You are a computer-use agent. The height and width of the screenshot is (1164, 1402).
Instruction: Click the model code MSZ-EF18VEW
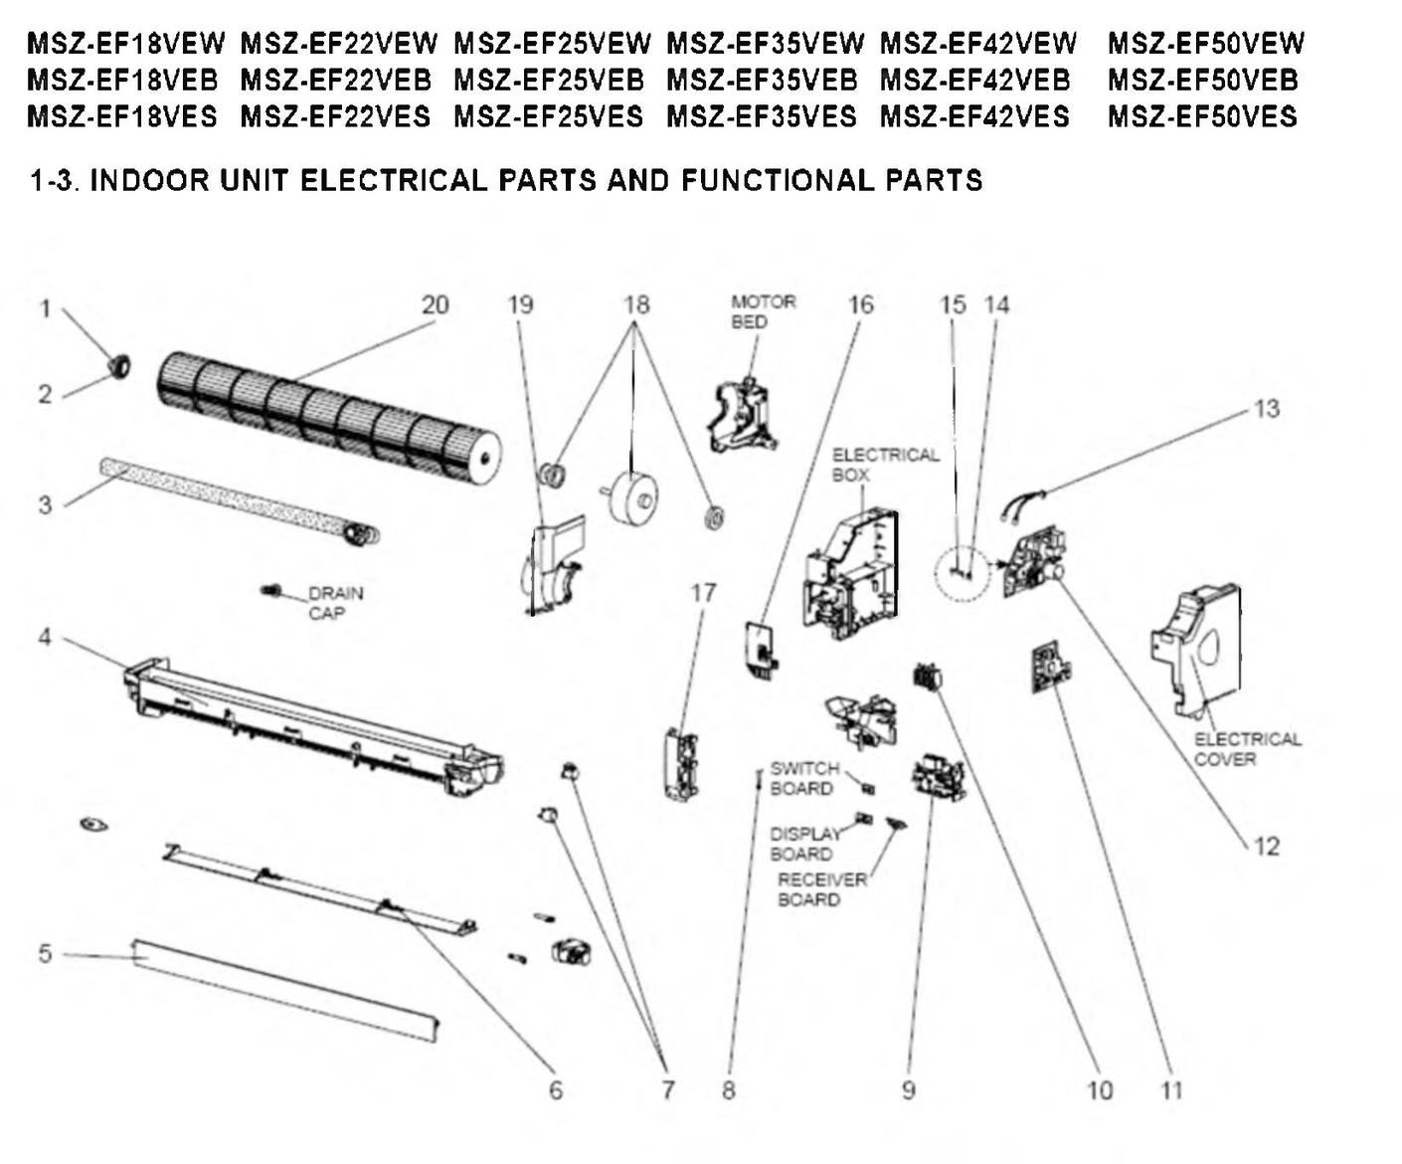click(x=125, y=44)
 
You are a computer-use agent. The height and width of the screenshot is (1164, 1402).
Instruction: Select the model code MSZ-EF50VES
click(x=1202, y=116)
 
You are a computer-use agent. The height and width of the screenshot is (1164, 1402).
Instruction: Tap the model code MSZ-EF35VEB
click(x=762, y=80)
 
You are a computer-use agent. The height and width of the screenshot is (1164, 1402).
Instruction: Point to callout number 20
click(x=435, y=304)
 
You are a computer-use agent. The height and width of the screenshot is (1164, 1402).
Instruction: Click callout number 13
click(x=1266, y=408)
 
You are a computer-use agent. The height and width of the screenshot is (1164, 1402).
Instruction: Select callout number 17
click(x=703, y=593)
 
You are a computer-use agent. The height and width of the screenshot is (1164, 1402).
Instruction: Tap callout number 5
click(x=45, y=953)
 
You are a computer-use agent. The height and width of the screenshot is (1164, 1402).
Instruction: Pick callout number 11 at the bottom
click(x=1172, y=1090)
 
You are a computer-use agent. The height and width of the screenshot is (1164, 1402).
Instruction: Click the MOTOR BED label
click(x=763, y=311)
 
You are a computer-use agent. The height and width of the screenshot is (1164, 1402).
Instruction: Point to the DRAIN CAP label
click(x=335, y=603)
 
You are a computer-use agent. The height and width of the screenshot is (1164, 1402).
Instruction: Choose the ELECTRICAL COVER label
click(x=1247, y=749)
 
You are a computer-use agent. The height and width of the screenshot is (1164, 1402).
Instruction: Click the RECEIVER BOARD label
click(x=821, y=889)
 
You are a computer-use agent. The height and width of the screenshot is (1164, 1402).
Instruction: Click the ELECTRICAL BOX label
click(x=884, y=465)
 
